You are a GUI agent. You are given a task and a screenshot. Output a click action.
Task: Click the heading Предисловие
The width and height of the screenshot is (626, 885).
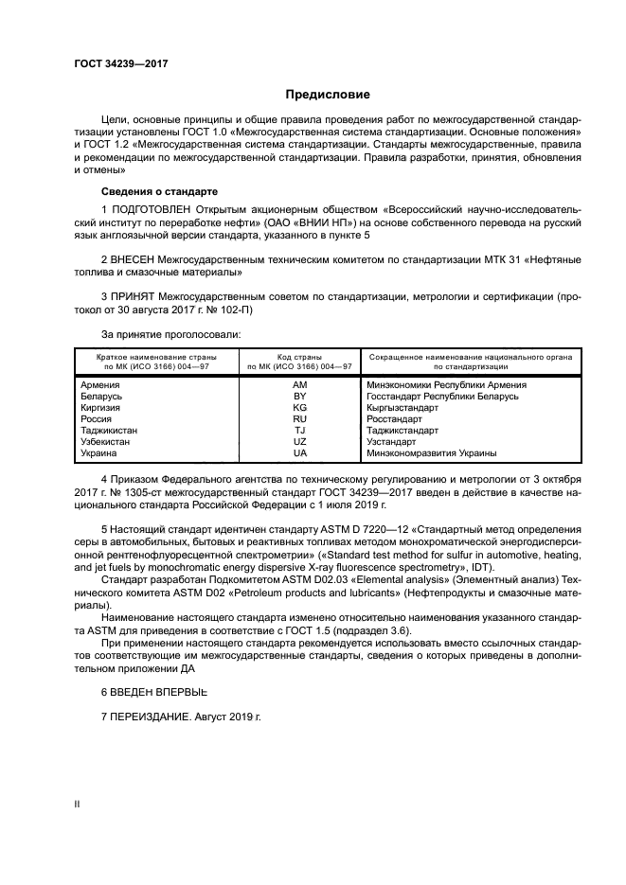coord(328,95)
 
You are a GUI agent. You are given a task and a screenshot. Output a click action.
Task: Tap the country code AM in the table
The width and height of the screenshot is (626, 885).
coord(300,385)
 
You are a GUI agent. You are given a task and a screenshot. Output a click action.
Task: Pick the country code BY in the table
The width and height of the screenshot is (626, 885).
coord(300,397)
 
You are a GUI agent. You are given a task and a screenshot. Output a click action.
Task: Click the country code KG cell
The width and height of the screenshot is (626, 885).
coord(300,408)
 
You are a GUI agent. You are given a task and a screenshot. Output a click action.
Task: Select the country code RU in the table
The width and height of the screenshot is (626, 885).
coord(300,419)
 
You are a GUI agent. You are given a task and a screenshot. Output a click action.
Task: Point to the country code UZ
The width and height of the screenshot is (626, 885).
coord(300,442)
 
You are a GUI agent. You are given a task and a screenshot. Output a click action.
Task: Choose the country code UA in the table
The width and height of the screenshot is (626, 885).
coord(300,453)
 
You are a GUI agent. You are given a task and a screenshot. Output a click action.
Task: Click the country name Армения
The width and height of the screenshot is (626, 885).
coord(101,385)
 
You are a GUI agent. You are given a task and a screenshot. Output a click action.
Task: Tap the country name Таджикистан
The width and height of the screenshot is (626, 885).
coord(110,431)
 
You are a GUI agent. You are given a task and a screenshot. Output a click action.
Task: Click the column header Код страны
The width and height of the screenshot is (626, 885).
coord(300,356)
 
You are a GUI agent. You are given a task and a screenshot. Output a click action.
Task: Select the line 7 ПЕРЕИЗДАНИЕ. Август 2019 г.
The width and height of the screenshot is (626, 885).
coord(180,717)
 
